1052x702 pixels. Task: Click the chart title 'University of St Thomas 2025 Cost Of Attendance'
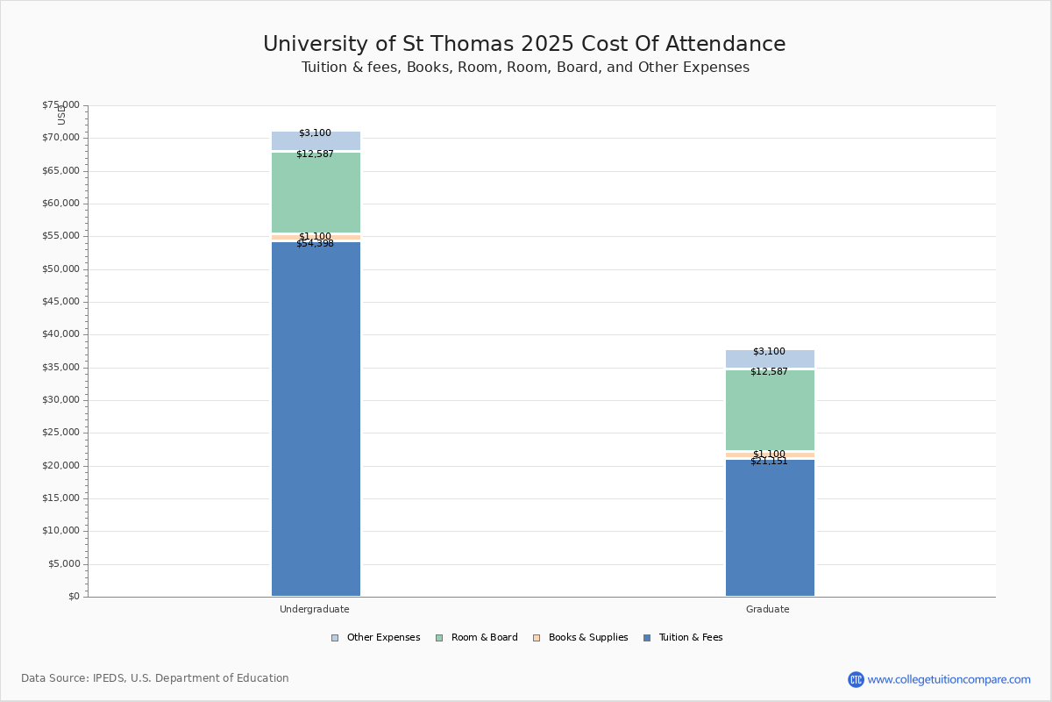524,45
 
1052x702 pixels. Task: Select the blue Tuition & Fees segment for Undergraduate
316,421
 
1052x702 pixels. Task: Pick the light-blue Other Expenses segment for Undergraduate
316,142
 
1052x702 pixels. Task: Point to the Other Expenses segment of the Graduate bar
770,360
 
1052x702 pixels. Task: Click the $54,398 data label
315,244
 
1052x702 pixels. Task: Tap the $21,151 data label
769,462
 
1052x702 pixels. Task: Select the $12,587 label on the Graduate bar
769,372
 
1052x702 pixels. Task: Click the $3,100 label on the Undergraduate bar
315,133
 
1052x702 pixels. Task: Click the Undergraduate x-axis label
315,610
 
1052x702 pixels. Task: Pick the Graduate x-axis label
768,610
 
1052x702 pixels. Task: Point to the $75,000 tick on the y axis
60,105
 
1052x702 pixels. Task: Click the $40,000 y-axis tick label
60,334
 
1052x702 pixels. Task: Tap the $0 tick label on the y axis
73,597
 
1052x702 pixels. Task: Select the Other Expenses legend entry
382,638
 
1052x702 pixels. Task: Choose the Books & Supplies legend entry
587,638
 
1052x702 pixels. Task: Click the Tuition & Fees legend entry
690,638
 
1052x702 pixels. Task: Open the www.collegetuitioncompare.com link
949,679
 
